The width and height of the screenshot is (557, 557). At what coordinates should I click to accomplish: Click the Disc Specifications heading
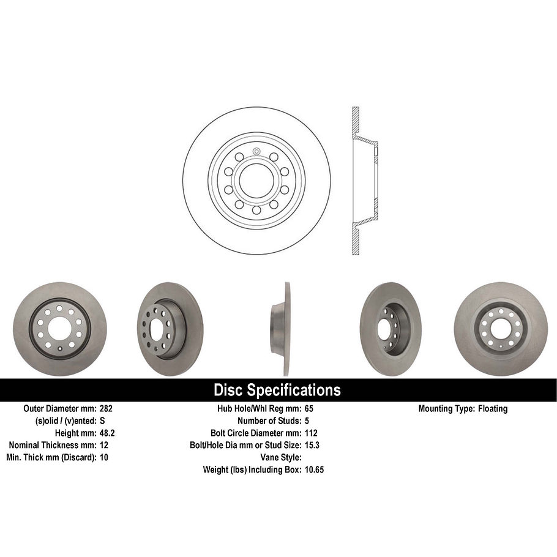(277, 391)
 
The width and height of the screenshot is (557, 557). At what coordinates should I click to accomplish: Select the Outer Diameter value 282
(106, 408)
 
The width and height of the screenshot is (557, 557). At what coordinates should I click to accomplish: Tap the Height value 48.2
(108, 433)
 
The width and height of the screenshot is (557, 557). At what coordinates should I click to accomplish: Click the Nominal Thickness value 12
(103, 445)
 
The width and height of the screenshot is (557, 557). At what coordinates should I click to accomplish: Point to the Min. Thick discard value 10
(103, 457)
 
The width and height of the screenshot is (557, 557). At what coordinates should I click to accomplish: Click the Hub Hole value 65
(309, 408)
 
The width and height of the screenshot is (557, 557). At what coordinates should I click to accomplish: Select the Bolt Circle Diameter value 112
(311, 433)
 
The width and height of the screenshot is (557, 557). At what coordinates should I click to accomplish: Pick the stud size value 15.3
(312, 445)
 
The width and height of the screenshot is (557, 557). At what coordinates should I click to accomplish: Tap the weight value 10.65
(314, 469)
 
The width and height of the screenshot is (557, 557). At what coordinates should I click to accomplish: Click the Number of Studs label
(267, 421)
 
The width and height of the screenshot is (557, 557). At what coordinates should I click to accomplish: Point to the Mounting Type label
(445, 408)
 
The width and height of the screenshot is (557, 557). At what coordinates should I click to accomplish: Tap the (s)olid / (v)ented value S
(102, 421)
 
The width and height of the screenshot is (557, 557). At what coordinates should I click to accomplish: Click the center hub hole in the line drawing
(256, 180)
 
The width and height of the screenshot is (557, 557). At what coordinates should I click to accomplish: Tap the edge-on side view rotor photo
(281, 329)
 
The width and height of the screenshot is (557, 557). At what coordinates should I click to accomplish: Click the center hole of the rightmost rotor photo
(500, 329)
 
